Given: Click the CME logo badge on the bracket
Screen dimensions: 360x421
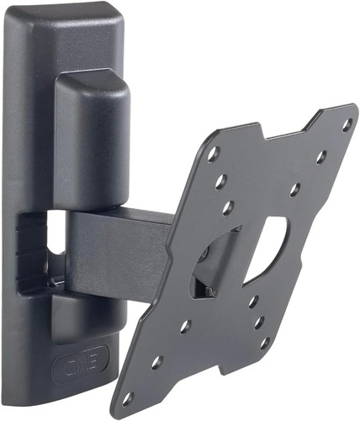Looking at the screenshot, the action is pyautogui.click(x=81, y=363).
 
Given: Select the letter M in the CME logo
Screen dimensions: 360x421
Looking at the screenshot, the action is pyautogui.click(x=81, y=364).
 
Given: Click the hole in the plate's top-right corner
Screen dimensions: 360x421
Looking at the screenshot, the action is pyautogui.click(x=347, y=124).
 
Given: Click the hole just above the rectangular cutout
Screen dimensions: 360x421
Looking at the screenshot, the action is pyautogui.click(x=294, y=189).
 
